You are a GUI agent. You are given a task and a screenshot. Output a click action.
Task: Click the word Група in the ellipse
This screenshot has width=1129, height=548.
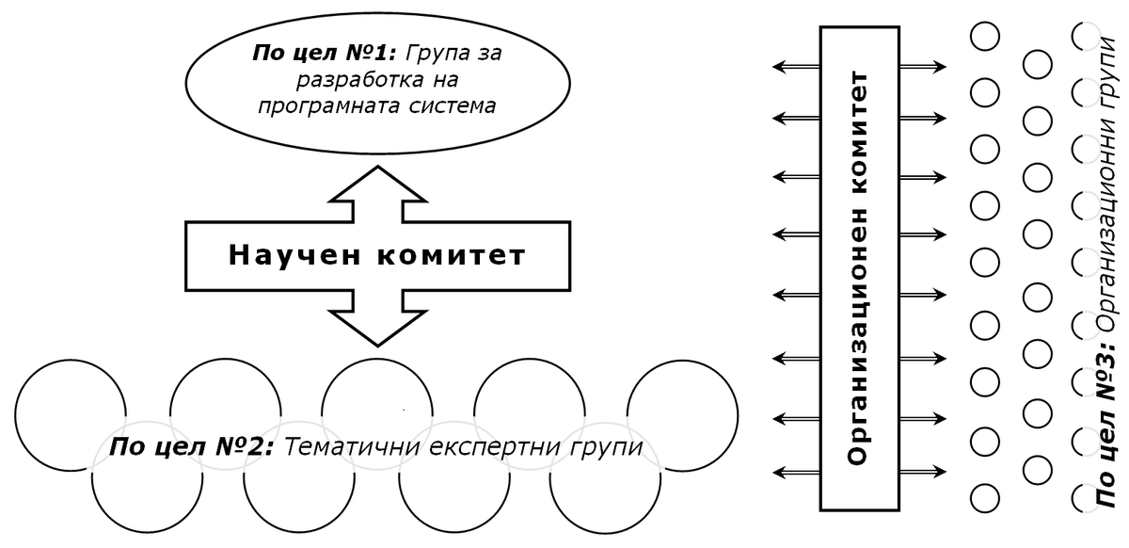(x=437, y=53)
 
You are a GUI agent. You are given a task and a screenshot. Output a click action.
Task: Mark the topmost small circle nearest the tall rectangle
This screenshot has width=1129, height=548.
(x=984, y=37)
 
